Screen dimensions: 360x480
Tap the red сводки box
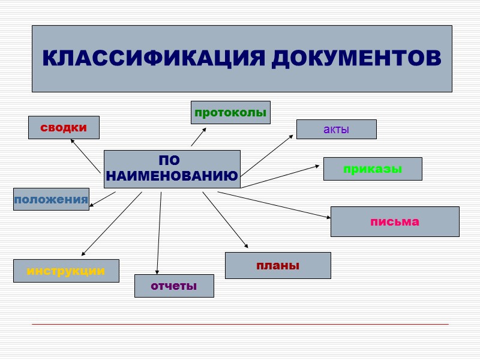(x=64, y=127)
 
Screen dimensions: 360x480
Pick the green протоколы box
(x=230, y=112)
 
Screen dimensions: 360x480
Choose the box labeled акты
(x=336, y=129)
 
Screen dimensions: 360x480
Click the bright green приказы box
(x=373, y=169)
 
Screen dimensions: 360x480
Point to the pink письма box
(x=394, y=221)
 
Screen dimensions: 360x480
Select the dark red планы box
(x=278, y=265)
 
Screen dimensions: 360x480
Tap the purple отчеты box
(x=174, y=286)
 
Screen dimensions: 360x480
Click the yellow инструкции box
(x=66, y=271)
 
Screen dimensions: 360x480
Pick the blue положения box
(x=51, y=199)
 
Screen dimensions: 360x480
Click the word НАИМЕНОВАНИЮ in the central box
(x=172, y=176)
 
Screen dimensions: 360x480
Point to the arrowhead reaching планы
(x=246, y=246)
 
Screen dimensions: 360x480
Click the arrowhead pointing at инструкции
(x=83, y=254)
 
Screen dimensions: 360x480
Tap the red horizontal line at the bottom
(x=240, y=324)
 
